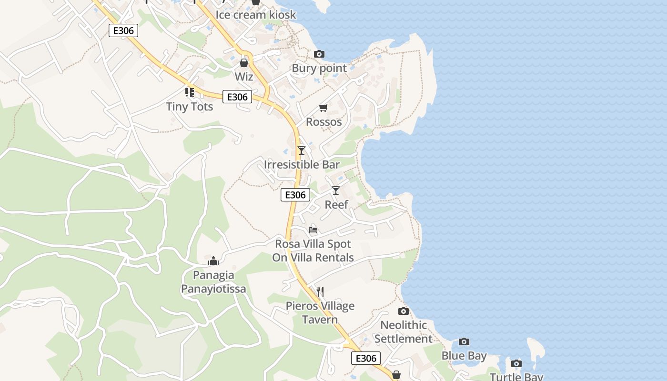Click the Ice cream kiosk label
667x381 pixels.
click(256, 15)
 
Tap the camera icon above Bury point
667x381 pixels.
click(319, 54)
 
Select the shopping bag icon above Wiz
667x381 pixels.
click(244, 63)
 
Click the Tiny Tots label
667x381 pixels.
click(190, 107)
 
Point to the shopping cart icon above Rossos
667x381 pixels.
click(323, 108)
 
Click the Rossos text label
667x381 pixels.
click(324, 122)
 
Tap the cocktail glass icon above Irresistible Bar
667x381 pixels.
click(301, 151)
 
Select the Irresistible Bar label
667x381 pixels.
click(302, 165)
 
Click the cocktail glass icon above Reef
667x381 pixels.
click(336, 190)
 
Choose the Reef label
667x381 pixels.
click(336, 205)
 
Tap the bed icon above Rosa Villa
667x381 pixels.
click(313, 230)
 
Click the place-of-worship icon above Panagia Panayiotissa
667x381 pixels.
click(213, 261)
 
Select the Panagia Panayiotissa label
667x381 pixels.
click(213, 282)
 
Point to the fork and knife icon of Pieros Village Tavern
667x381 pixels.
click(320, 291)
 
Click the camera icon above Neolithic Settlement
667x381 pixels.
click(403, 311)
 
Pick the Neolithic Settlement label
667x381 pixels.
click(403, 332)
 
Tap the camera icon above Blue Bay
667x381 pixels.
click(464, 342)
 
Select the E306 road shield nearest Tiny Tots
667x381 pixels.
click(237, 97)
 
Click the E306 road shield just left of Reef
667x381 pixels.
click(295, 195)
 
